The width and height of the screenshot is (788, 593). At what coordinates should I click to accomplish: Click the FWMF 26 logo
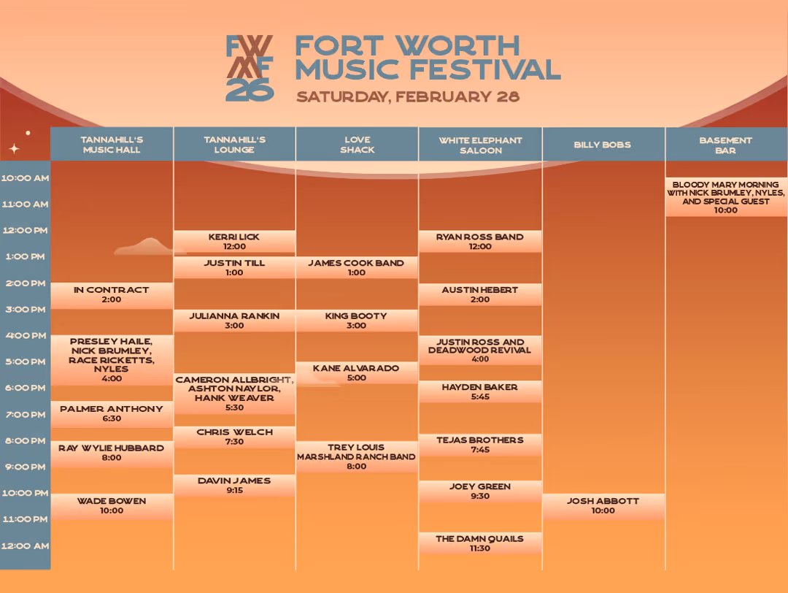click(x=250, y=68)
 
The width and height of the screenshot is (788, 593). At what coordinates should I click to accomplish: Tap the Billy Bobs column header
click(x=603, y=145)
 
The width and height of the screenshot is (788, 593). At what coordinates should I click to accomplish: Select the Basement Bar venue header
click(x=725, y=145)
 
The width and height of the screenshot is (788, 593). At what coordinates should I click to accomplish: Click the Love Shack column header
click(x=357, y=145)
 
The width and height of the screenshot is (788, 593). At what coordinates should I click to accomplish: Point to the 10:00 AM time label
click(x=26, y=178)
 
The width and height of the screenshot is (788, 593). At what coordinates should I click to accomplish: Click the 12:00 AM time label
click(x=26, y=546)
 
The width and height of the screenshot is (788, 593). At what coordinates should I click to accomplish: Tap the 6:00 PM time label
click(x=26, y=388)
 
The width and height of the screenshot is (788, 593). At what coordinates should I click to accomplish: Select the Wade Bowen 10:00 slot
click(x=112, y=506)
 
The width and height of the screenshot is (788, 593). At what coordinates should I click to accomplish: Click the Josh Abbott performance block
click(x=603, y=506)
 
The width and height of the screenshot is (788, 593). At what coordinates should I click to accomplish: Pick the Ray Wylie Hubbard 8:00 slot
click(x=112, y=453)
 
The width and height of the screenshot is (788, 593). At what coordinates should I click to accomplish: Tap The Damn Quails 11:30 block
click(x=480, y=543)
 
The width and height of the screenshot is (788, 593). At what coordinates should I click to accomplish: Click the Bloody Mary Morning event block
click(x=725, y=197)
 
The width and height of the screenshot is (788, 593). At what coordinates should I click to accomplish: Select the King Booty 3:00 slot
click(x=357, y=321)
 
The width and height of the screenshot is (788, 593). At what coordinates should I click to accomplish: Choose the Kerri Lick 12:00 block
click(x=234, y=242)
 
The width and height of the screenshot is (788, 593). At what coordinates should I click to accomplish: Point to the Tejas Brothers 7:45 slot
click(x=480, y=445)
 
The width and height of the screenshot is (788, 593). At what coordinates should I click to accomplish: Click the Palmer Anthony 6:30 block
click(x=112, y=414)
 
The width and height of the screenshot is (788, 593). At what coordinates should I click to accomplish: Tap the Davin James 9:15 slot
click(x=234, y=486)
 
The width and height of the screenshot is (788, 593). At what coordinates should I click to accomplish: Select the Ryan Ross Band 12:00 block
click(x=480, y=242)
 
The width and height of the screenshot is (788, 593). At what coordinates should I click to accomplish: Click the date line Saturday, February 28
click(x=408, y=96)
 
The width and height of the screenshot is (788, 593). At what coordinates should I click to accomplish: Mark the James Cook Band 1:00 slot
click(x=357, y=267)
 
